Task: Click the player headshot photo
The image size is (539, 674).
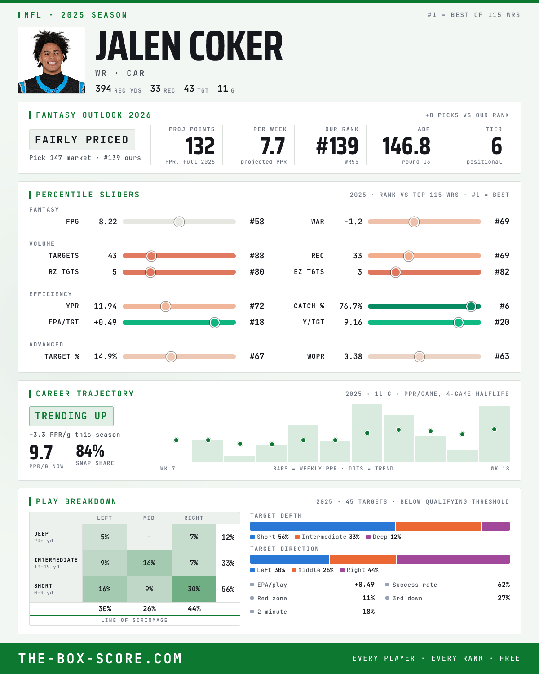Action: coord(52,60)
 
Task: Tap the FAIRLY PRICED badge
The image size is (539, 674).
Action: coord(82,140)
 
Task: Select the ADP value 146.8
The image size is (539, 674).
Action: coord(406,146)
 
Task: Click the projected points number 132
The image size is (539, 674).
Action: coord(200,146)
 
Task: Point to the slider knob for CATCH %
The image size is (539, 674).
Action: coord(471,306)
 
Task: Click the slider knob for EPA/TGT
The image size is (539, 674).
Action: coord(215,322)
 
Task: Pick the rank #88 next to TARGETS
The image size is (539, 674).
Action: coord(257,256)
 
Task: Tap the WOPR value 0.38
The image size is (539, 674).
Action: coord(353,356)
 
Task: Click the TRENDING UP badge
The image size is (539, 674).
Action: coord(71,416)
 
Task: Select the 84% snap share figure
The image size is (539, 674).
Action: coord(90,451)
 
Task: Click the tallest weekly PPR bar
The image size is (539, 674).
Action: coord(367,433)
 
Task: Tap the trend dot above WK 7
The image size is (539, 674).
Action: coord(177,440)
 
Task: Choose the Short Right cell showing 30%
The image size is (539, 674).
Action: coord(194,589)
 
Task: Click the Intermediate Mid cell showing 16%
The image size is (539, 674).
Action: coord(149,563)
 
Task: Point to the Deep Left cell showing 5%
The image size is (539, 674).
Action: coord(105,537)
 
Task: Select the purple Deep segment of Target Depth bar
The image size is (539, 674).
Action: coord(495,526)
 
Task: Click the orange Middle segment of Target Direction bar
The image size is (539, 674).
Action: coord(362,559)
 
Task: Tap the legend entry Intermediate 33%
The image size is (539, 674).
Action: coord(327,537)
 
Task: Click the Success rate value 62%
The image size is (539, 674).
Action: coord(504,585)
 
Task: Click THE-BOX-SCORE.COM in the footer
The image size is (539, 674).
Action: coord(100,658)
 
